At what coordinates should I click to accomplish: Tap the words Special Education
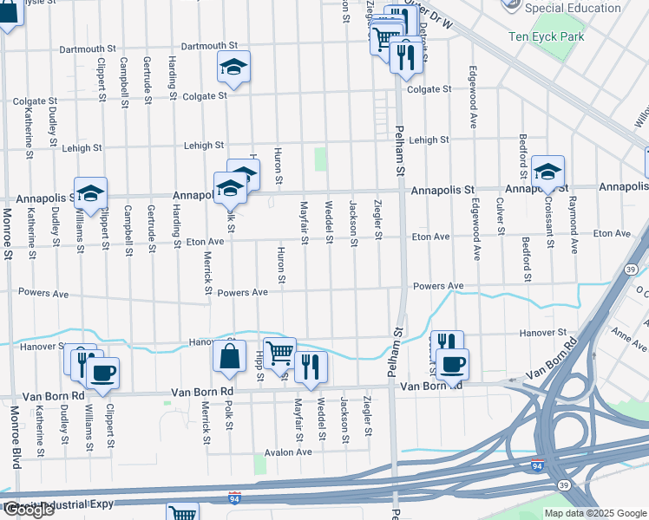[x=574, y=9]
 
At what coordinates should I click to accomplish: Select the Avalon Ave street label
[x=288, y=452]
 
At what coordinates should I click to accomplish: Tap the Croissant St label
[x=549, y=224]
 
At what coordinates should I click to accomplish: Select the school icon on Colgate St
[x=233, y=68]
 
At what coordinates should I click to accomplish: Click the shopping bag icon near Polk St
[x=227, y=356]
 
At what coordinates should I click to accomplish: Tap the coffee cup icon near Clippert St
[x=102, y=374]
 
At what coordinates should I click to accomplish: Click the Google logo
[x=28, y=510]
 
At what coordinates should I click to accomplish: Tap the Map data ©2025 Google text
[x=594, y=513]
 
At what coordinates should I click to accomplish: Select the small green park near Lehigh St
[x=321, y=159]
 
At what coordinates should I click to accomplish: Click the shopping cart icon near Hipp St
[x=279, y=352]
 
